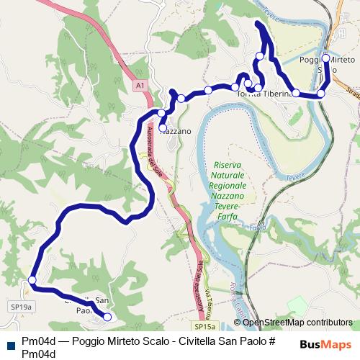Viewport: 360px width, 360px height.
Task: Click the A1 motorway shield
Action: point(140,86)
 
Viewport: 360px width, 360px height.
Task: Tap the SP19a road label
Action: point(19,306)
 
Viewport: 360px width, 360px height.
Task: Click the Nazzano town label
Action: point(175,132)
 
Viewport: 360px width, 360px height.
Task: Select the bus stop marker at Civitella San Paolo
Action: point(107,317)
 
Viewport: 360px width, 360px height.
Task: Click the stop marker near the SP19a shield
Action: point(32,280)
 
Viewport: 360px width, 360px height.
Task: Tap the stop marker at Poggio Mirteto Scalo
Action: point(325,58)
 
